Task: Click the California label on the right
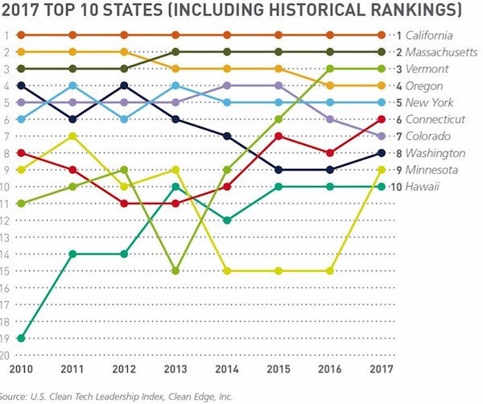[428, 35]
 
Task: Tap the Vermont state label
[424, 69]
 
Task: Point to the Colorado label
[427, 136]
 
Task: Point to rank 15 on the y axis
[6, 270]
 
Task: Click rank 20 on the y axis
[6, 354]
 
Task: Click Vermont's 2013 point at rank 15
[175, 270]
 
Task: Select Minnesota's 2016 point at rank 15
[329, 270]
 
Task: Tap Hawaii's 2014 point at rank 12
[227, 220]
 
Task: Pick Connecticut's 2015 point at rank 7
[279, 136]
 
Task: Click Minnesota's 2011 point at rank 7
[73, 136]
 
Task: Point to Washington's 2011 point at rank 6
[73, 119]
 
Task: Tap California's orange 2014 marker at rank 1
[227, 35]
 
